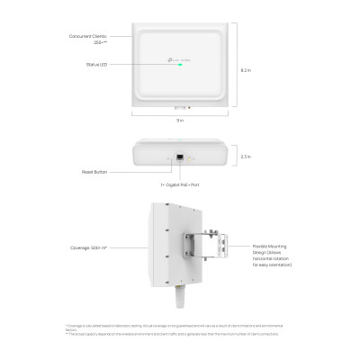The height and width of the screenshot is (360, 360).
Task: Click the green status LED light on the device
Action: pos(180,64)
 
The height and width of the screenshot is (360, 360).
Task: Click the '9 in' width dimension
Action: pos(180,120)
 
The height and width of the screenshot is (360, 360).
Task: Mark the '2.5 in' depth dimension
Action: pos(247,156)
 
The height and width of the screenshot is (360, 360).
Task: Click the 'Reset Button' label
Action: pos(94,169)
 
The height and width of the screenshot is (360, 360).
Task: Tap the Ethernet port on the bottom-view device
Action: pos(180,157)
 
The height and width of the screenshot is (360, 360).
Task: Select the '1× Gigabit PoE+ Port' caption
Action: pos(180,184)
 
